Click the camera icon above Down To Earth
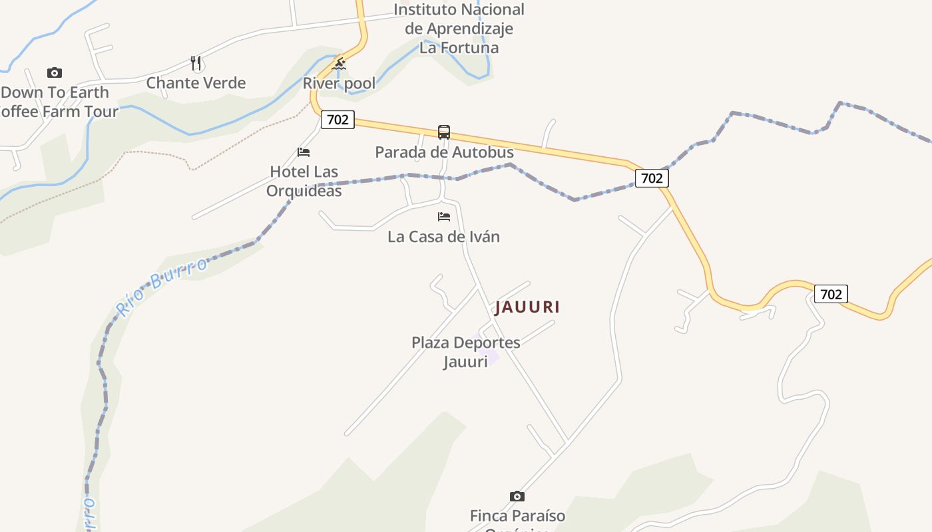click(x=55, y=72)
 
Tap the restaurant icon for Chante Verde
click(x=196, y=63)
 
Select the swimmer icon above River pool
click(x=339, y=65)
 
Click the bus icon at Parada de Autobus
click(x=444, y=132)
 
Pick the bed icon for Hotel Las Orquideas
click(x=304, y=152)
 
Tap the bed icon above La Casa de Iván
click(x=444, y=217)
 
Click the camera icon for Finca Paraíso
click(x=517, y=496)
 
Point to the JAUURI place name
click(x=527, y=307)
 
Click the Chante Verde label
click(x=196, y=83)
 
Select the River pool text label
click(x=339, y=83)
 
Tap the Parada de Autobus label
click(x=444, y=152)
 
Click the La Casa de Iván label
click(x=444, y=237)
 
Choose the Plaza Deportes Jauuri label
click(x=465, y=352)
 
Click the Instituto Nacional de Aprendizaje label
click(x=459, y=29)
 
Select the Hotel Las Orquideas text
click(x=304, y=181)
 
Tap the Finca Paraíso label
click(x=517, y=516)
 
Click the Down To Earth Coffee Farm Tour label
click(x=57, y=102)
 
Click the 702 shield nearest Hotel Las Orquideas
click(x=338, y=120)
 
